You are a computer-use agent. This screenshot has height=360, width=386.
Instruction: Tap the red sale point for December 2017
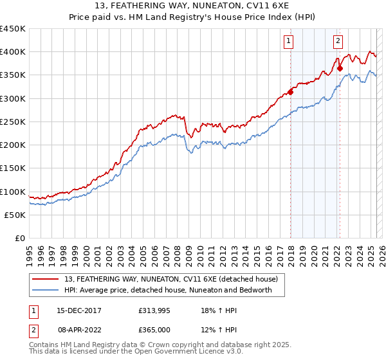pyautogui.click(x=290, y=92)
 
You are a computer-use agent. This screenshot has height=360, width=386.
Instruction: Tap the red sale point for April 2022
pyautogui.click(x=340, y=68)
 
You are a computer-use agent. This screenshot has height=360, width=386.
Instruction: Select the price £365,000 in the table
pyautogui.click(x=156, y=328)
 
